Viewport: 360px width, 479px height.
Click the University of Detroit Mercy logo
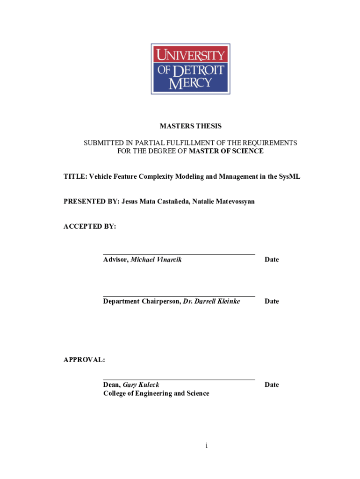coord(190,68)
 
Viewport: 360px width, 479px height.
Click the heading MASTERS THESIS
coord(191,126)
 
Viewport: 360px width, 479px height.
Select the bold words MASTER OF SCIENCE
coord(226,151)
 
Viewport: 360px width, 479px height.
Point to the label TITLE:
coord(75,176)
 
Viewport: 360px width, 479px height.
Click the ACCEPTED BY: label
coord(90,226)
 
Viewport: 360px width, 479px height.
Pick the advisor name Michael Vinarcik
coord(156,259)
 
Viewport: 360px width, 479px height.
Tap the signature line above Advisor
coord(179,254)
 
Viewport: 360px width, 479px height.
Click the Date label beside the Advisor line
coord(272,259)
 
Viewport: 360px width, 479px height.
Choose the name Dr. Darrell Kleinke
coord(211,301)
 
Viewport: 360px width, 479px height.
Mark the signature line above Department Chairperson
coord(179,296)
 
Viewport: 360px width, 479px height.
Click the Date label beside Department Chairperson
coord(272,301)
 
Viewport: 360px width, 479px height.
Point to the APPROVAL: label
coord(85,360)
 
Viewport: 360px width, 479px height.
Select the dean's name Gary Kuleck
coord(141,385)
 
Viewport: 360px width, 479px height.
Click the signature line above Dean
coord(179,379)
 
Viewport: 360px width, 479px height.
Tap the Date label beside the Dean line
coord(272,385)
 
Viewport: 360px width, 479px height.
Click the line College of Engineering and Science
coord(156,393)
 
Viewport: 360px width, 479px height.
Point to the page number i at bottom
coord(206,446)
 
